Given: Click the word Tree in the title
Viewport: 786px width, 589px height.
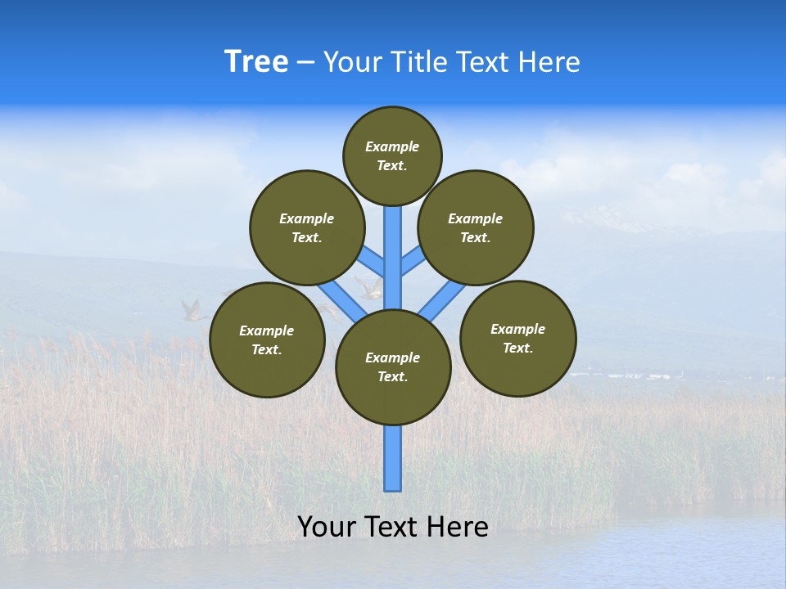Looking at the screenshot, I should click(256, 62).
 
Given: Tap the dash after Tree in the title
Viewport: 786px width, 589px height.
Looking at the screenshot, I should click(305, 63).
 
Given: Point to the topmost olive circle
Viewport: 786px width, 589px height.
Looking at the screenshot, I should click(392, 155).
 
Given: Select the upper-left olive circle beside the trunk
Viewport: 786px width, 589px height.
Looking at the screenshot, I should click(306, 227).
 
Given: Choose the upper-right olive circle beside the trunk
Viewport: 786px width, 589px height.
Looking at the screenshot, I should click(476, 227).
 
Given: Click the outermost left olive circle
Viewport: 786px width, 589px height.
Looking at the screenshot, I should click(267, 339).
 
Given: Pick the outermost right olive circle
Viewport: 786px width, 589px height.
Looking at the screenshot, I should click(517, 338).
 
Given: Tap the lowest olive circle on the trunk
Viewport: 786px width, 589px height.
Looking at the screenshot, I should click(393, 367).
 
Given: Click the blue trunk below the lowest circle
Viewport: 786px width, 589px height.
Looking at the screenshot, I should click(393, 458).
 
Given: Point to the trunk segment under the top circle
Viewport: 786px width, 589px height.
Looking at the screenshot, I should click(393, 245).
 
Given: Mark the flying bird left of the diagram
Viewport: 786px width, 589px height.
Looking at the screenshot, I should click(192, 311).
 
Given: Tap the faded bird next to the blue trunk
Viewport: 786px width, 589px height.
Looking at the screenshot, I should click(368, 287).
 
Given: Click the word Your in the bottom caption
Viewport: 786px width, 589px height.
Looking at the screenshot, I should click(327, 527).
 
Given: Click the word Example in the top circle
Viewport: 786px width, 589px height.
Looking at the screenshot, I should click(392, 146).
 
